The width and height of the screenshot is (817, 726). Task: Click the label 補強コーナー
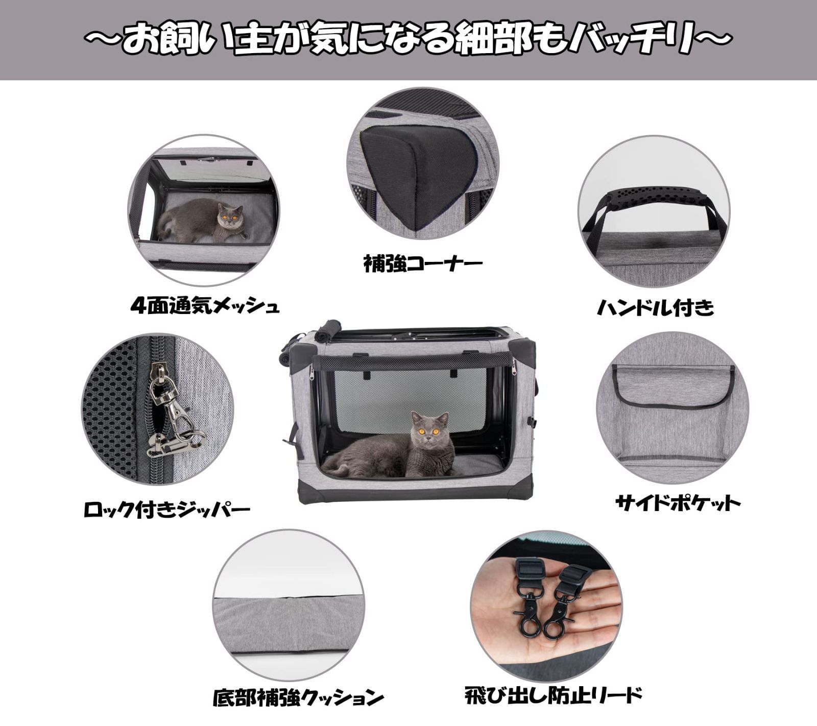pyautogui.click(x=423, y=264)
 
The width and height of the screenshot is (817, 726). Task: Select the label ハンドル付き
pyautogui.click(x=656, y=307)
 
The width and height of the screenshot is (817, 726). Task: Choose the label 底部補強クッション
pyautogui.click(x=298, y=696)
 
